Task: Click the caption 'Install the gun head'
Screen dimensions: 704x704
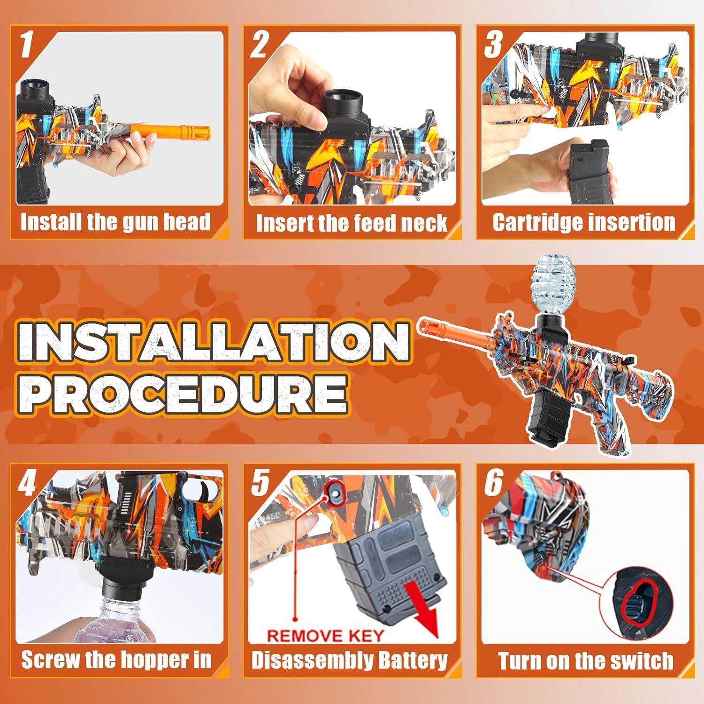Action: click(115, 222)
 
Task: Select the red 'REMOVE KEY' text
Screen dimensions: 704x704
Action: click(325, 636)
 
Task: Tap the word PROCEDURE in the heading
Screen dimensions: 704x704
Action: click(185, 393)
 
